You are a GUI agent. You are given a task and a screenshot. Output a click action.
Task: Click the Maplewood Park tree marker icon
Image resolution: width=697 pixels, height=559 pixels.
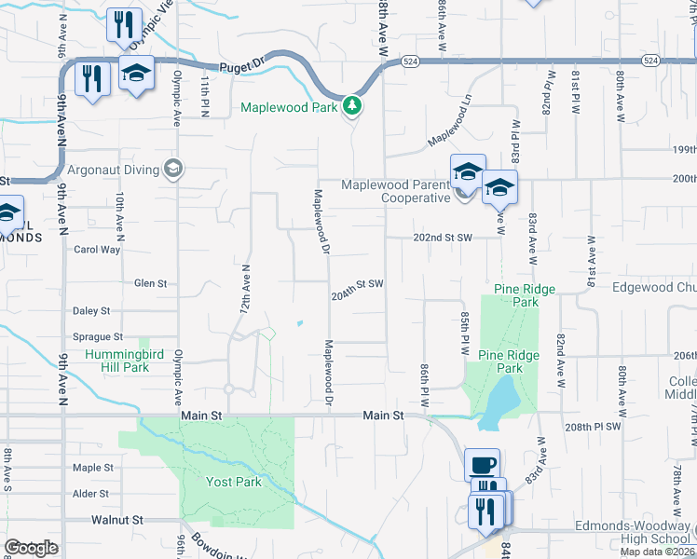click(x=352, y=107)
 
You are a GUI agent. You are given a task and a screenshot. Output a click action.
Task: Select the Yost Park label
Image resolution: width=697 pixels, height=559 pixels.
click(x=233, y=482)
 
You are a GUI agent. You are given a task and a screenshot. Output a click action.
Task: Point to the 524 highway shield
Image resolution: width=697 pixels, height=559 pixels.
click(x=411, y=61)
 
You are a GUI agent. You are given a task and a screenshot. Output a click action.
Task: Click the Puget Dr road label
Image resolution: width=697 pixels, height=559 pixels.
click(x=243, y=67)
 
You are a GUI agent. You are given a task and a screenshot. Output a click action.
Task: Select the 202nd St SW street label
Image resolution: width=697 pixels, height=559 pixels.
click(x=444, y=238)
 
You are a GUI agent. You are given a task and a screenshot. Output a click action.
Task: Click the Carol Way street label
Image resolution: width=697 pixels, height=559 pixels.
click(x=97, y=249)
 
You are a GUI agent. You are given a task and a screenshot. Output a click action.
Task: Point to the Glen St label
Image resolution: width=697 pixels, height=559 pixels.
click(x=150, y=283)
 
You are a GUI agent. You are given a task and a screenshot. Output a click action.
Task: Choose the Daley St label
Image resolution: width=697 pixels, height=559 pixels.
click(x=91, y=310)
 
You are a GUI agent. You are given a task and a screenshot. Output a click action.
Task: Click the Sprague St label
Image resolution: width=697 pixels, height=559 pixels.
click(x=98, y=336)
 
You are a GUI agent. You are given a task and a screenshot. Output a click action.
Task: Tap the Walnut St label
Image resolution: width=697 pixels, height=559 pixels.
click(x=117, y=519)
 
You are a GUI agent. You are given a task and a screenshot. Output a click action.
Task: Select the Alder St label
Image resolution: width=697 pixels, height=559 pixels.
click(x=91, y=494)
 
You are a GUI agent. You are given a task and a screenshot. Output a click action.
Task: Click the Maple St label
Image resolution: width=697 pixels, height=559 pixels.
click(x=92, y=468)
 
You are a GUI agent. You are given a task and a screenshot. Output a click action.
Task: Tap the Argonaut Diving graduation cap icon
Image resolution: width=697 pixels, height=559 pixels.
click(x=171, y=169)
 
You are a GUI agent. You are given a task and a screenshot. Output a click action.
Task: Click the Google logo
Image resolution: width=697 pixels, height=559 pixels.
click(x=30, y=548)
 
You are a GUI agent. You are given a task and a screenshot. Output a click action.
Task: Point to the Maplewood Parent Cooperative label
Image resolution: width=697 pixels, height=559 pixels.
click(x=396, y=191)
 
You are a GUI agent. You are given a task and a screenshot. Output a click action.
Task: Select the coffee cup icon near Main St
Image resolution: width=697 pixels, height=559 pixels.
click(x=482, y=464)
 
